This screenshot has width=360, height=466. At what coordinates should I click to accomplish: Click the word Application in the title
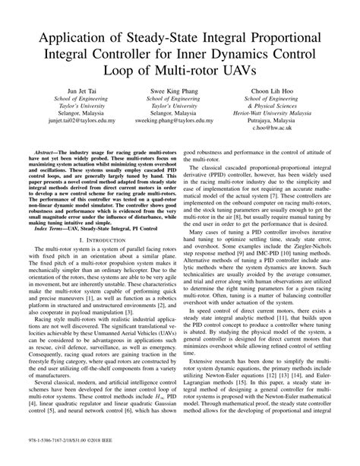[71, 40]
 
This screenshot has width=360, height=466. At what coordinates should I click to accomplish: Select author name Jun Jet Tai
[62, 90]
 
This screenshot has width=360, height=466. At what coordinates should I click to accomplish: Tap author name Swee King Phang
[179, 90]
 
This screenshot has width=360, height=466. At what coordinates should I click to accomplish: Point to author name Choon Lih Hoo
[295, 90]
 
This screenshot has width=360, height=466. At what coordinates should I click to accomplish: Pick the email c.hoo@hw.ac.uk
[295, 130]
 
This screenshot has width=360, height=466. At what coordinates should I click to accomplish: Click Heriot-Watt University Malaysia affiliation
[295, 113]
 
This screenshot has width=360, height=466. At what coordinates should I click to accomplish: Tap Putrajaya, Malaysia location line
[295, 122]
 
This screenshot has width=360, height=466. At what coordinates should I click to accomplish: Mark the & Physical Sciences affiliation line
[295, 105]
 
